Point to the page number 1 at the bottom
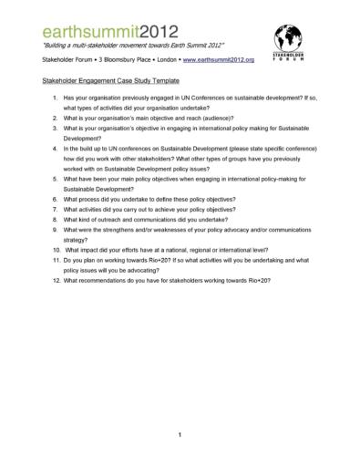(180, 434)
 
